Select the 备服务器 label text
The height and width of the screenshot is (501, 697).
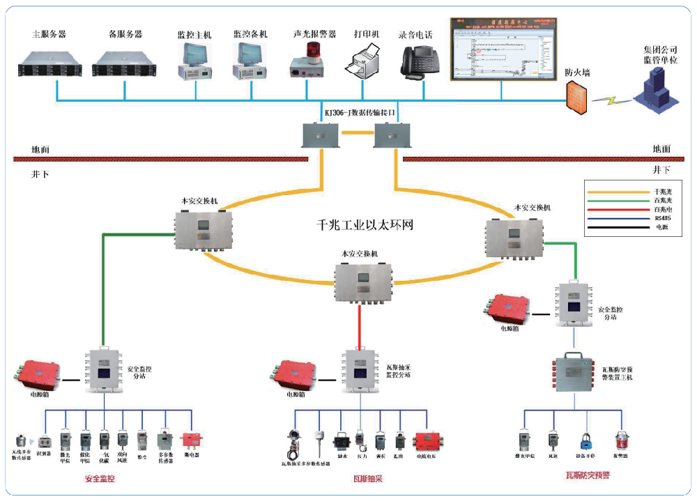coord(125,33)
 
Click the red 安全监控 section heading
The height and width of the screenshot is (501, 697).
coord(100,479)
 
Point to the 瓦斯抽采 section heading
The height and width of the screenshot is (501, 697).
coord(368,479)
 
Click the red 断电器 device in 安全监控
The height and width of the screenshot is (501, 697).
coord(191,440)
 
